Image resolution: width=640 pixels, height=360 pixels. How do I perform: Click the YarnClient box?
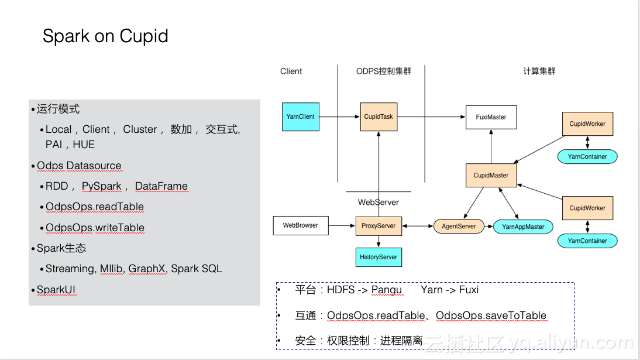[x=301, y=117]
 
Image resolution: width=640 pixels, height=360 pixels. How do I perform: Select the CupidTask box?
[x=379, y=117]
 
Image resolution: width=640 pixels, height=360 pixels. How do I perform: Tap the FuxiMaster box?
[x=491, y=117]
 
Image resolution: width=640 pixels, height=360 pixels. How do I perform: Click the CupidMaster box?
[x=491, y=175]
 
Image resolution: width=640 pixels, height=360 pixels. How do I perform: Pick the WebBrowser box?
[x=301, y=225]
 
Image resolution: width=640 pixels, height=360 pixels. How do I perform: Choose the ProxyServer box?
[x=379, y=226]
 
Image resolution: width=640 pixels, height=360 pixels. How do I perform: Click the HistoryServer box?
[x=379, y=257]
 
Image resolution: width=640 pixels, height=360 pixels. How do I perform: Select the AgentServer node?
[x=459, y=227]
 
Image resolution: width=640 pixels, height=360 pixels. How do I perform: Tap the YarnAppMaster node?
[x=523, y=227]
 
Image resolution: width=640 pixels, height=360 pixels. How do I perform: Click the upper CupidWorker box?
[x=587, y=124]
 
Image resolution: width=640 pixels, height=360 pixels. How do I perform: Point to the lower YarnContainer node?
[x=587, y=241]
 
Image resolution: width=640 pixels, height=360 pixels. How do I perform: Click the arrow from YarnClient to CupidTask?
[x=339, y=117]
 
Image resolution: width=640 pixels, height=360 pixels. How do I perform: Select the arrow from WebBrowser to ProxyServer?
[x=342, y=225]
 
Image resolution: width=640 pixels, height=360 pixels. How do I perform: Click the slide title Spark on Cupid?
[x=105, y=36]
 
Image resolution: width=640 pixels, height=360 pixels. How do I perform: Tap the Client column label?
[x=291, y=71]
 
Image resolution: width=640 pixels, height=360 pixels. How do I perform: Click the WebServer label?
[x=379, y=203]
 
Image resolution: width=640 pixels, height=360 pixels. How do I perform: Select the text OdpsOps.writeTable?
[x=95, y=228]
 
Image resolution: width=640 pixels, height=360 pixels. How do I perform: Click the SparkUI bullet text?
[x=56, y=290]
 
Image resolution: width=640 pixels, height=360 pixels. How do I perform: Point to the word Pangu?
[x=387, y=290]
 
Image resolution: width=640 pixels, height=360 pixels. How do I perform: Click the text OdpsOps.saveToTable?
[x=491, y=316]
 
